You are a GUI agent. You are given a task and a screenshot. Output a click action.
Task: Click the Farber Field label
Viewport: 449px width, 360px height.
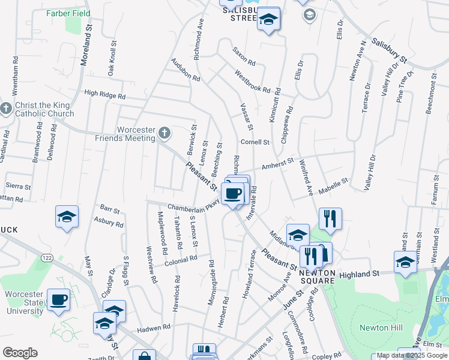point(68,13)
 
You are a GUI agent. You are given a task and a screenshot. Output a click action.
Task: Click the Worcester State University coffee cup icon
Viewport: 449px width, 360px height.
point(59,300)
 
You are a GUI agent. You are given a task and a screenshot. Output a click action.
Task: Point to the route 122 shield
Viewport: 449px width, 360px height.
point(46,257)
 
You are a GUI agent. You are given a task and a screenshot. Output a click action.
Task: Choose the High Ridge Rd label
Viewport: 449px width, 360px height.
point(105,95)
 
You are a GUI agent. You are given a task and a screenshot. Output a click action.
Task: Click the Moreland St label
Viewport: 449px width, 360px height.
point(89,38)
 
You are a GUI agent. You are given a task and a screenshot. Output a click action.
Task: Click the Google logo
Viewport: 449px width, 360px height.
point(20,353)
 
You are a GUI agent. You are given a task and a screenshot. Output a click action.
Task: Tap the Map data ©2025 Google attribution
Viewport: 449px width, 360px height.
point(411,355)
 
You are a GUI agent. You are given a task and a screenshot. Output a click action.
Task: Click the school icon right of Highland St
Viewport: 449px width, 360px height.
point(406,263)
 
